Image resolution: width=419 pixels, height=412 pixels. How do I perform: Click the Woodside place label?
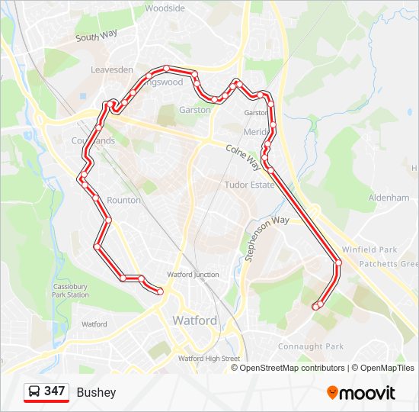tap(165, 8)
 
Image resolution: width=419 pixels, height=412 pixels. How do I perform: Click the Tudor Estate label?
tap(249, 185)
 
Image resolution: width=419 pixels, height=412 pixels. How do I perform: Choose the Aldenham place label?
tap(389, 198)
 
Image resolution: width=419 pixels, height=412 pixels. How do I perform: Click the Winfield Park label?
tap(369, 249)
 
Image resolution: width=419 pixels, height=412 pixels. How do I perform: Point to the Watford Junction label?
tap(194, 275)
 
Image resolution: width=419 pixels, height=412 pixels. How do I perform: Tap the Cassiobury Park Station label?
tap(71, 291)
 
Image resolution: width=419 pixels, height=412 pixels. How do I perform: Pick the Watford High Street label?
tap(209, 359)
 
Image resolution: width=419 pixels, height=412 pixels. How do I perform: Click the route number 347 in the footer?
tap(54, 391)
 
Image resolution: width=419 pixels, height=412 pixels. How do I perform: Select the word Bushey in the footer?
tap(96, 392)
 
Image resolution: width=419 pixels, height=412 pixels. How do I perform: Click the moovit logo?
tap(361, 393)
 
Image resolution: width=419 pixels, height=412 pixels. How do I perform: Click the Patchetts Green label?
tap(399, 264)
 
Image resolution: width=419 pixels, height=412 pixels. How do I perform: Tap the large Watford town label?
tap(195, 320)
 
